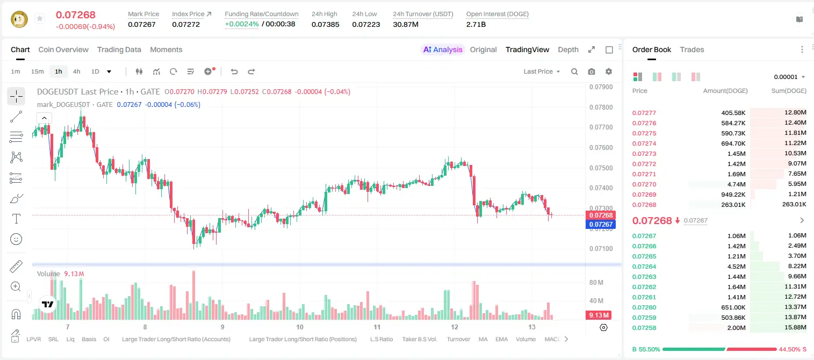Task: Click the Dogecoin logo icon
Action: tap(19, 19)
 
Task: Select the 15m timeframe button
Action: tap(37, 71)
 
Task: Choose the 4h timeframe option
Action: tap(76, 71)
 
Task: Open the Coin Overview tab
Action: tap(63, 49)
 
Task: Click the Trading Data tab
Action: tap(119, 49)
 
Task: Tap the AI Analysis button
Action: tap(443, 49)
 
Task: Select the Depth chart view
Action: tap(568, 49)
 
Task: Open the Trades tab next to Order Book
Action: tap(692, 49)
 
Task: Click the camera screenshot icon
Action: tap(592, 71)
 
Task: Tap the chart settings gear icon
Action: tap(609, 71)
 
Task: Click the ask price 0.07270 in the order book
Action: tap(644, 184)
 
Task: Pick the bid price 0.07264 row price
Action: tap(644, 267)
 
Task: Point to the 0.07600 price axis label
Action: tap(601, 147)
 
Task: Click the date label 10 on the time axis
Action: tap(299, 327)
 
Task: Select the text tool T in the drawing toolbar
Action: tap(16, 219)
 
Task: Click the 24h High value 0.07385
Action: tap(325, 24)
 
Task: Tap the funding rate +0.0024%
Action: tap(242, 24)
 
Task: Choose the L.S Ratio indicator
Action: tap(381, 339)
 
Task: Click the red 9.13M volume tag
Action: tap(599, 315)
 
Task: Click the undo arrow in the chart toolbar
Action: tap(234, 71)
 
